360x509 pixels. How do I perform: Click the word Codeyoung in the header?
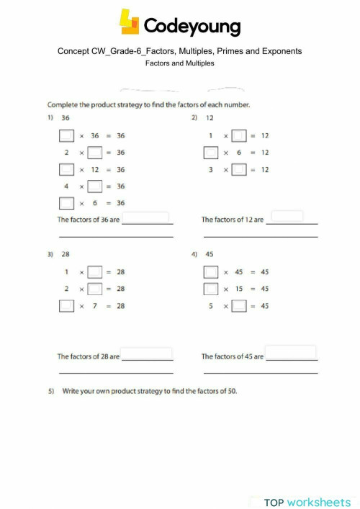point(192,27)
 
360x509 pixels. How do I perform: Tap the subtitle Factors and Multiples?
point(179,63)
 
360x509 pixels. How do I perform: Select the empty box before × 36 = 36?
point(66,135)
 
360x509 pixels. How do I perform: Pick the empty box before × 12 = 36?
point(66,169)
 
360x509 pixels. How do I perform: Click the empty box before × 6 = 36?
point(66,203)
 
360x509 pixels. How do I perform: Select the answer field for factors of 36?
point(147,217)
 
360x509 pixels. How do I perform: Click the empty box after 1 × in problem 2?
point(239,135)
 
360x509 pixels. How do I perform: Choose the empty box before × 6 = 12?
point(211,152)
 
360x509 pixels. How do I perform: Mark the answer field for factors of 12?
point(290,217)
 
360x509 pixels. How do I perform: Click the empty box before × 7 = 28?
point(66,306)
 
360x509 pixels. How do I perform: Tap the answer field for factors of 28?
point(147,354)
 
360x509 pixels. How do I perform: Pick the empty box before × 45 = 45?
point(211,272)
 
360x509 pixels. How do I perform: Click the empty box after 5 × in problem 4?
point(239,306)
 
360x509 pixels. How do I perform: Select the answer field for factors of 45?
point(291,353)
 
